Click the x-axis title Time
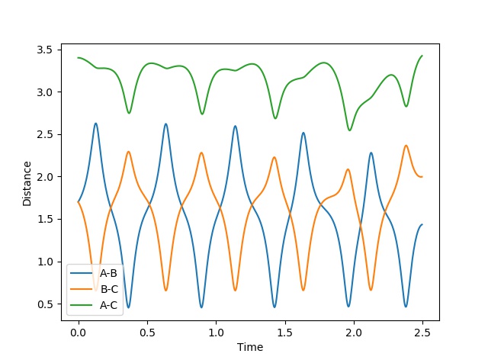tap(250, 347)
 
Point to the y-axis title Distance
tap(27, 183)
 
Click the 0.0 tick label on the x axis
tap(79, 333)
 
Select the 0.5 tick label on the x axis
tap(147, 333)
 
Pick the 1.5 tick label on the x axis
tap(285, 333)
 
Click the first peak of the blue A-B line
tap(95, 124)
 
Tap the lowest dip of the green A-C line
tap(350, 130)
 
